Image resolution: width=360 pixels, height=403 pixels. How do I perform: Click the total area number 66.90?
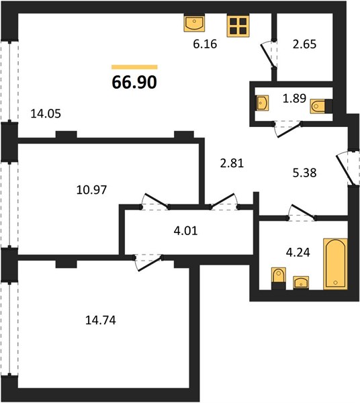134,82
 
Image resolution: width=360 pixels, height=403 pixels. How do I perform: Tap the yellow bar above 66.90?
134,67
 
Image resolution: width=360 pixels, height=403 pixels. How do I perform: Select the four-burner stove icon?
238,26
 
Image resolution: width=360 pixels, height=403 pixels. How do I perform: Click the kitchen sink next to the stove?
194,23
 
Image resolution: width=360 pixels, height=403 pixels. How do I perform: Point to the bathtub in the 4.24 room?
335,264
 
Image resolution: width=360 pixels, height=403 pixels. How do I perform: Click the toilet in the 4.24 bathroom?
279,278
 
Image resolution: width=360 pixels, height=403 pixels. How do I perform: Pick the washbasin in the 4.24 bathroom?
301,283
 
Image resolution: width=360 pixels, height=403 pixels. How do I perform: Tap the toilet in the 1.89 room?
321,106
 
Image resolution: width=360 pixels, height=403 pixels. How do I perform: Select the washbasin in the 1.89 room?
263,103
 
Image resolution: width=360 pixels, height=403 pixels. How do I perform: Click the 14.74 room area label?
101,320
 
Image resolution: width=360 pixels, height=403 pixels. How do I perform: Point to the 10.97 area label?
91,190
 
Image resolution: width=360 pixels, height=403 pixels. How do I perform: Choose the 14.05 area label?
46,114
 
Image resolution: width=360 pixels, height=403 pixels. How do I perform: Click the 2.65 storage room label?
304,44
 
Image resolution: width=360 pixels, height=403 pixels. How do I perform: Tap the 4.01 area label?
186,231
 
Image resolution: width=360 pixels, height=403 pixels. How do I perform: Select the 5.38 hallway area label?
304,173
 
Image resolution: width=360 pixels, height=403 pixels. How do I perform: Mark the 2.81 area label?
232,163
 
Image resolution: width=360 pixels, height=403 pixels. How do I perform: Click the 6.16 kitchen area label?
205,44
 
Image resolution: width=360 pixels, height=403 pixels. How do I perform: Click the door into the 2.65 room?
269,54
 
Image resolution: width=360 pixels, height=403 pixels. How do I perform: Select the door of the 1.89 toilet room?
287,129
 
